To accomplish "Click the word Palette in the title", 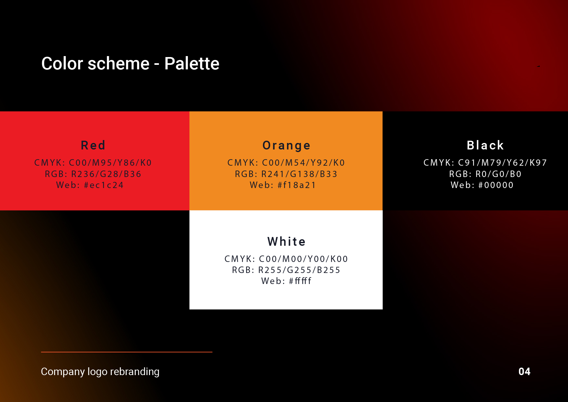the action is click(x=192, y=63).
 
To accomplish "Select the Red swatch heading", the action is click(x=93, y=145).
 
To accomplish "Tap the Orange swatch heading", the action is click(x=286, y=146).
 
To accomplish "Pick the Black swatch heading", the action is click(x=485, y=145).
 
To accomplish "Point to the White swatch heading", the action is click(x=287, y=242).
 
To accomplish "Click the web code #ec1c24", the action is click(x=104, y=185).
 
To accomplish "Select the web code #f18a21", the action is click(x=297, y=185).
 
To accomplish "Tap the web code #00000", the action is click(x=496, y=185).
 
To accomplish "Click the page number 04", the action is click(x=524, y=372).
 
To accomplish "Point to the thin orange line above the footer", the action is click(x=127, y=352).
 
